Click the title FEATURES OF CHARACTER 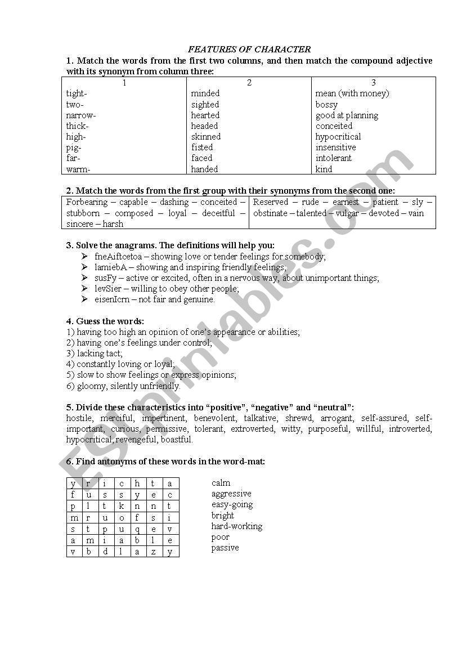(x=249, y=50)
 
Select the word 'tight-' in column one (x=77, y=93)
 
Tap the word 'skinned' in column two (x=205, y=137)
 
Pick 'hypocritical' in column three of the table (x=338, y=137)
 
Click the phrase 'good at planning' (x=347, y=115)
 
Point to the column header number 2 (x=249, y=83)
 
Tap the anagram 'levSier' (x=108, y=289)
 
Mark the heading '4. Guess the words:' (x=105, y=321)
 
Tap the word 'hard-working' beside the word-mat (x=237, y=526)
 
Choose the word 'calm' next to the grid (x=221, y=483)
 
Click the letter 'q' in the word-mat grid (x=137, y=529)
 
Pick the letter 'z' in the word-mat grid (x=154, y=552)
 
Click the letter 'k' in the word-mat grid (x=121, y=506)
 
